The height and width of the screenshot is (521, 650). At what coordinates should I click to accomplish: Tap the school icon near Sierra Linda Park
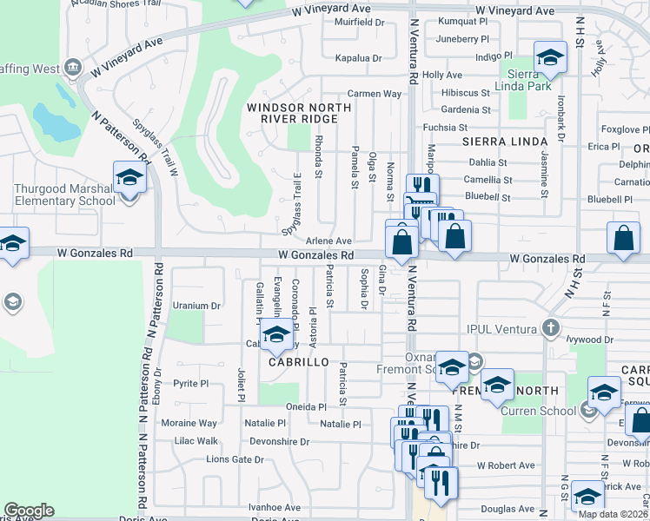tap(548, 59)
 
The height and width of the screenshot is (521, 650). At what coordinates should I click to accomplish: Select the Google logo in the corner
tap(29, 511)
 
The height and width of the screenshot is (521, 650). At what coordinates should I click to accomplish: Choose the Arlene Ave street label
tap(328, 241)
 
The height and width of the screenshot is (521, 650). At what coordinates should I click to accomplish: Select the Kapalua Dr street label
tap(358, 58)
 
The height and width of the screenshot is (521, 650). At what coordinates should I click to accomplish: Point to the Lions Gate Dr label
tap(235, 459)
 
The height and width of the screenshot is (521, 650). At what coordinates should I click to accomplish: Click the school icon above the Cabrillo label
tap(277, 334)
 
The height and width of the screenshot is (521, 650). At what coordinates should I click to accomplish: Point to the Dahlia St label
tap(487, 162)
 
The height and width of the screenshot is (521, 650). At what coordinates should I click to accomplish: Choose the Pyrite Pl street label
tap(191, 383)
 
